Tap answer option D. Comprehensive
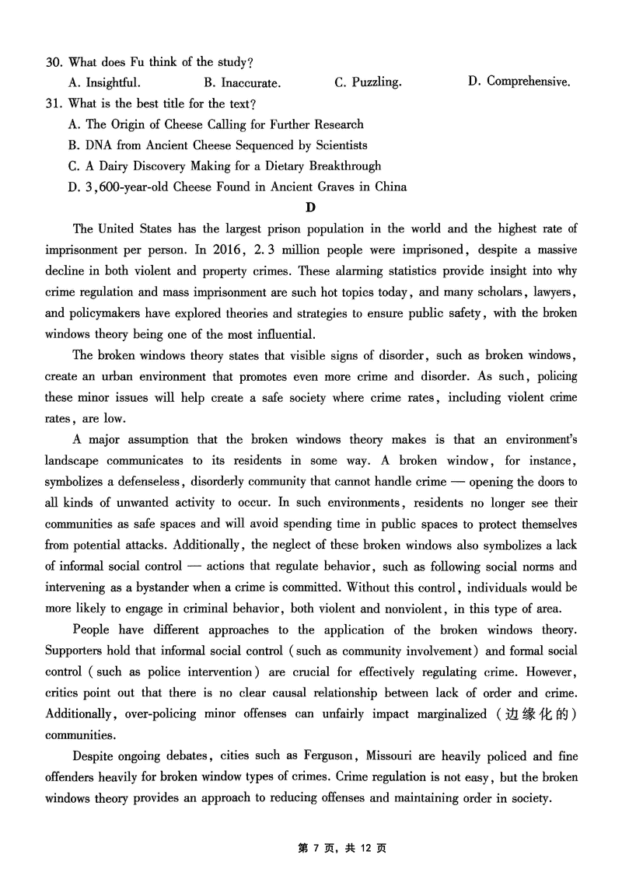(x=519, y=81)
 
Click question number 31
(x=54, y=103)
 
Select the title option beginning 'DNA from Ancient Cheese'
(x=218, y=145)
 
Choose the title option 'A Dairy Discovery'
(x=225, y=166)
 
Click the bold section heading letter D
(x=311, y=207)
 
